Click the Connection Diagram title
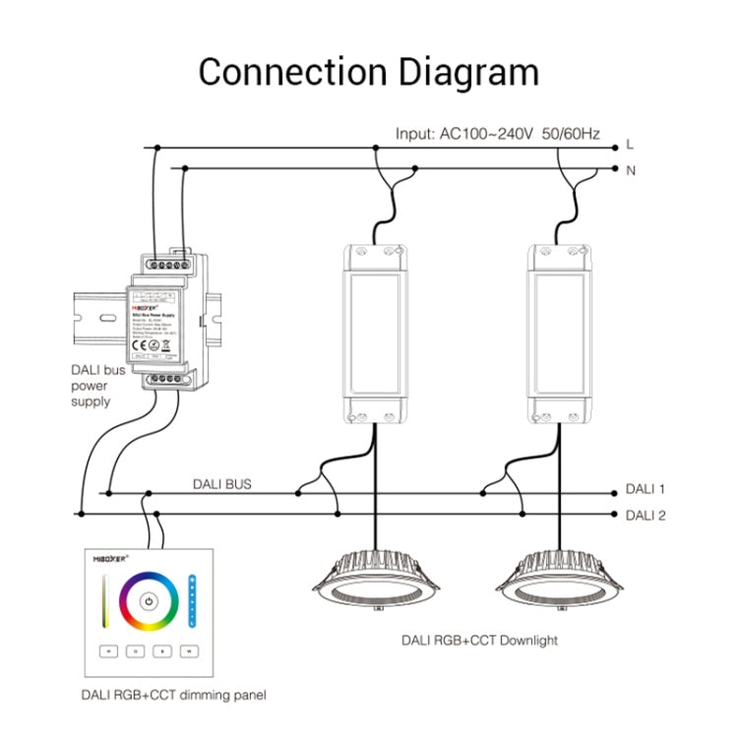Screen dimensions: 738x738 tap(369, 72)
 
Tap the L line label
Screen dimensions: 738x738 tap(630, 145)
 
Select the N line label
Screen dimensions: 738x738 tap(631, 169)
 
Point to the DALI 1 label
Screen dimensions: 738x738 tap(646, 488)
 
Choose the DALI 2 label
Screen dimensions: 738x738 tap(646, 514)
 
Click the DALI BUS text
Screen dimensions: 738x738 tap(221, 484)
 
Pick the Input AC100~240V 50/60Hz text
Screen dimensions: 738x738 tap(498, 133)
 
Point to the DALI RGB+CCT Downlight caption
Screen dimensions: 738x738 tap(479, 641)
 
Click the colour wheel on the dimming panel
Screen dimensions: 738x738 tap(149, 601)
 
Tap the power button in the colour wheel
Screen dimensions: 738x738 tap(149, 601)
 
